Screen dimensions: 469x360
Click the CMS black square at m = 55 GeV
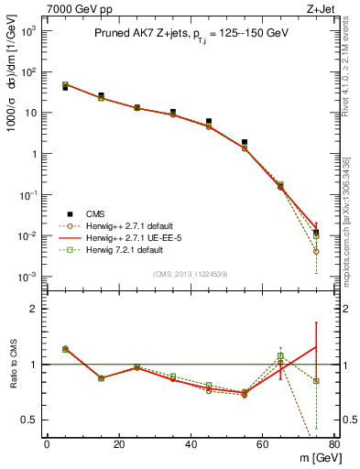[245, 142]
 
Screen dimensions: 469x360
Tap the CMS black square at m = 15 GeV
[101, 95]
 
